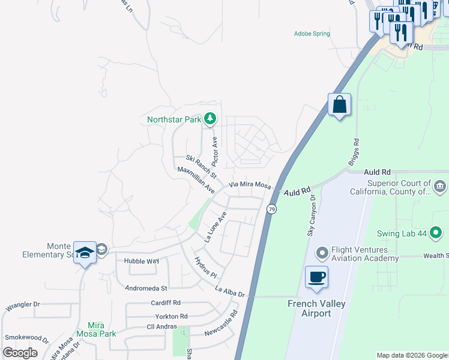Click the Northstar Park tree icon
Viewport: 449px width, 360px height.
click(209, 119)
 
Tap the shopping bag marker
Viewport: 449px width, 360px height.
click(339, 104)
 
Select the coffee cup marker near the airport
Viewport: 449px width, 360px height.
click(316, 277)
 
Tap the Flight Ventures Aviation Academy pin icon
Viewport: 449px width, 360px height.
click(322, 251)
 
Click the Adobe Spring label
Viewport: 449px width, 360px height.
click(312, 34)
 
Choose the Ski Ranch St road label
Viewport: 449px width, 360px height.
click(200, 165)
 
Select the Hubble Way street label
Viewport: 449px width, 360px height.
click(141, 261)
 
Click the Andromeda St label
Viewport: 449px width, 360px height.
click(145, 288)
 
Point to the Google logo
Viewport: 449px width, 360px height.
click(20, 353)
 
